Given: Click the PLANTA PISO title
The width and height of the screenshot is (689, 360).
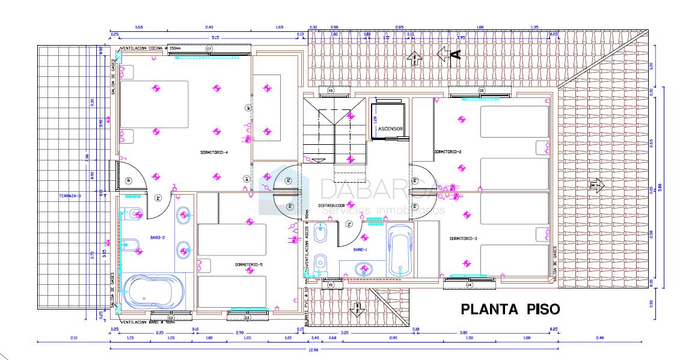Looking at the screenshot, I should tap(510, 309).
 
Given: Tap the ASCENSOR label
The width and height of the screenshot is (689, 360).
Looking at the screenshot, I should tap(390, 129).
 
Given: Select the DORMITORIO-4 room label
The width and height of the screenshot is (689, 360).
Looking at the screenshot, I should tap(214, 153).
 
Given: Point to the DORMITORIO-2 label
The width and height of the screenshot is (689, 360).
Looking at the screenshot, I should tap(447, 151).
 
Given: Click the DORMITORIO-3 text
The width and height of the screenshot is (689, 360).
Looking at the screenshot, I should tap(463, 239).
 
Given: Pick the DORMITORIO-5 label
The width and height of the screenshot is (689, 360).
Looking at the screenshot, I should tap(248, 264).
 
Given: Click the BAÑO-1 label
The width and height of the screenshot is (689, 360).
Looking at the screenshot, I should tap(360, 249).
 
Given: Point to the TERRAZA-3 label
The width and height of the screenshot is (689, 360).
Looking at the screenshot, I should tap(70, 197).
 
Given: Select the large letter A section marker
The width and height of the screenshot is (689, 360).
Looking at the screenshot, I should tap(455, 55).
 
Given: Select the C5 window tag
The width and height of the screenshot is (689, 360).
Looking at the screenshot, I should tap(481, 90).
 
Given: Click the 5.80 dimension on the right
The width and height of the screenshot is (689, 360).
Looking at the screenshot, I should tap(660, 187).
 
